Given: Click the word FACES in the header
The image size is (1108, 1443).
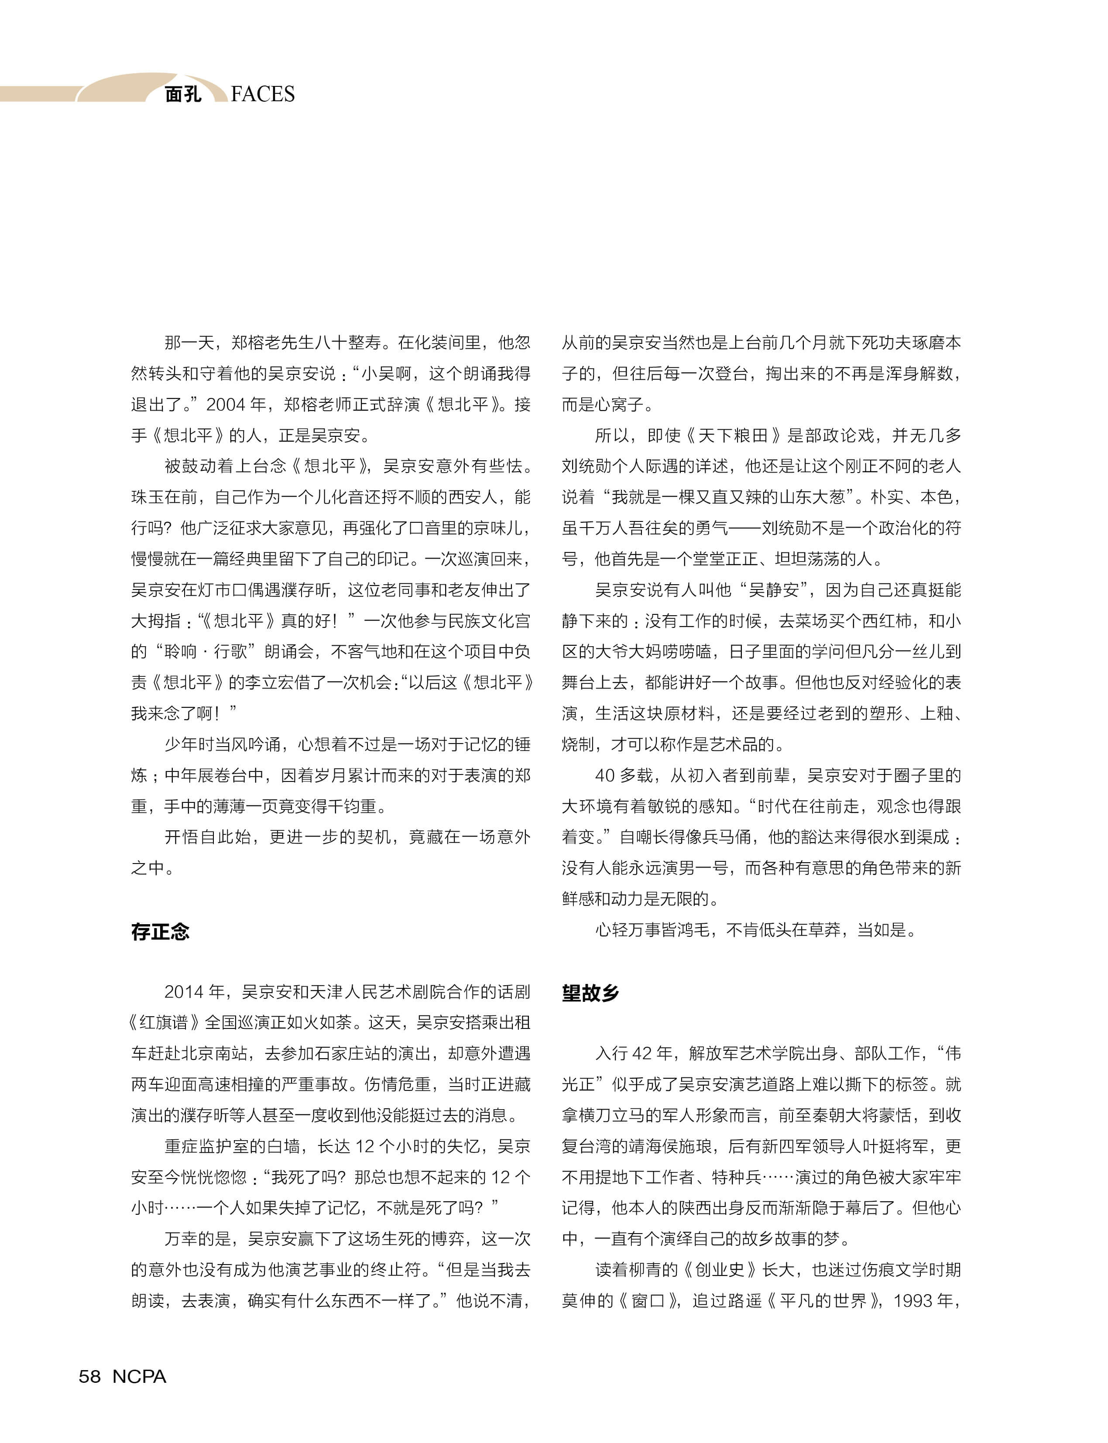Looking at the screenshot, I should tap(263, 94).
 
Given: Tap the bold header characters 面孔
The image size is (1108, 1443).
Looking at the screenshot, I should tap(183, 94).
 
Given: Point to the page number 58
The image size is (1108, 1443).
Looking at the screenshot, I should tap(90, 1376).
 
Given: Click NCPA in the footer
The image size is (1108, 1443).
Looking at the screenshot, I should tap(139, 1376).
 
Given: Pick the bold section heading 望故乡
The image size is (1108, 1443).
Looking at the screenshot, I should tap(590, 993).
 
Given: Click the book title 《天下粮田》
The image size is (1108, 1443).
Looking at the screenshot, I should tap(734, 435).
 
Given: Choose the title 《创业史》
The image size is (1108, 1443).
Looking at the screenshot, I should tap(720, 1269).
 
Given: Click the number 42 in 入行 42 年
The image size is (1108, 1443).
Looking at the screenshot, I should tap(642, 1053).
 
